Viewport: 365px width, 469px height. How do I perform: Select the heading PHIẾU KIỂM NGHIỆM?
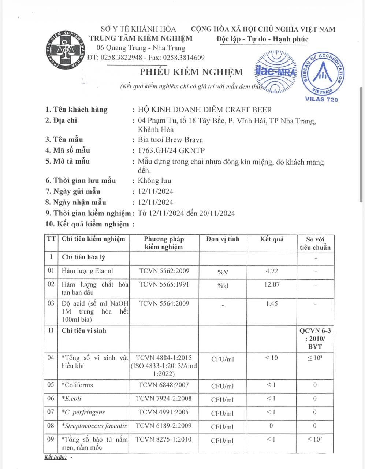pos(191,72)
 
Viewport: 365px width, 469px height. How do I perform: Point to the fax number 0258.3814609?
pos(183,58)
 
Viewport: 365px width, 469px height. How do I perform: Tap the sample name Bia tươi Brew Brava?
pos(170,140)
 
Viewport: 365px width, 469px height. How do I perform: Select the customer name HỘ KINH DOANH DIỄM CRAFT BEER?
pos(205,110)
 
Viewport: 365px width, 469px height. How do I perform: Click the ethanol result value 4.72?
pos(272,271)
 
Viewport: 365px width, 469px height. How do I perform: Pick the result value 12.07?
pos(272,284)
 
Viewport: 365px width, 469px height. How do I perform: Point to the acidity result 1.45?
pos(272,304)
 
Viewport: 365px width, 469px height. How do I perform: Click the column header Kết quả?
pos(272,239)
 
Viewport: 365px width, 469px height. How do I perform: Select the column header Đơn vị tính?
pos(223,239)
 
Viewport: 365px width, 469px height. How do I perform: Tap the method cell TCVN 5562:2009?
pos(164,271)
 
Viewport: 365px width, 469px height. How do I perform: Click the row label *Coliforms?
pos(77,385)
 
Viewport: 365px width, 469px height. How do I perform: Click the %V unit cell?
pos(223,272)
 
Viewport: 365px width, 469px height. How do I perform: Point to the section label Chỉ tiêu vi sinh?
pos(84,330)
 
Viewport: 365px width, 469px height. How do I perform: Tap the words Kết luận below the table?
pos(55,457)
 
